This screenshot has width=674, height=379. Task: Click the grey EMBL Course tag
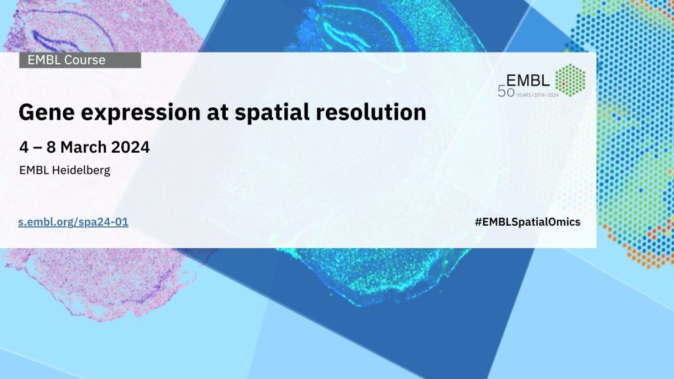click(x=80, y=60)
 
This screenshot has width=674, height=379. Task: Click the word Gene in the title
click(x=47, y=112)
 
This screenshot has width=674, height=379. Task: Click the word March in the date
click(x=84, y=147)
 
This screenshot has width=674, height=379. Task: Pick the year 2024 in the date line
click(x=130, y=147)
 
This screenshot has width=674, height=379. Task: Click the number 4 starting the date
click(x=24, y=147)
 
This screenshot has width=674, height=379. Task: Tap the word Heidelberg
click(x=81, y=170)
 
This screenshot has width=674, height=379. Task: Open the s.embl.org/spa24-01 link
click(x=73, y=222)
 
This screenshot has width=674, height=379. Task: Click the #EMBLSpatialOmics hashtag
click(x=527, y=222)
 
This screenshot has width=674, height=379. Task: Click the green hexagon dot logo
click(x=570, y=80)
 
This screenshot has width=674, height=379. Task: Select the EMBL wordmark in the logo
click(x=528, y=80)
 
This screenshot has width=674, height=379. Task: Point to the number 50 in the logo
click(x=506, y=91)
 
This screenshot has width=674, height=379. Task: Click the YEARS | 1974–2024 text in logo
click(x=537, y=95)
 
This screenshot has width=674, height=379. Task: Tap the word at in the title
click(x=217, y=113)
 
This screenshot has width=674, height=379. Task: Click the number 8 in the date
click(x=51, y=147)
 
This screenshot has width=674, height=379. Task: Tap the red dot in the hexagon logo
click(x=563, y=84)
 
